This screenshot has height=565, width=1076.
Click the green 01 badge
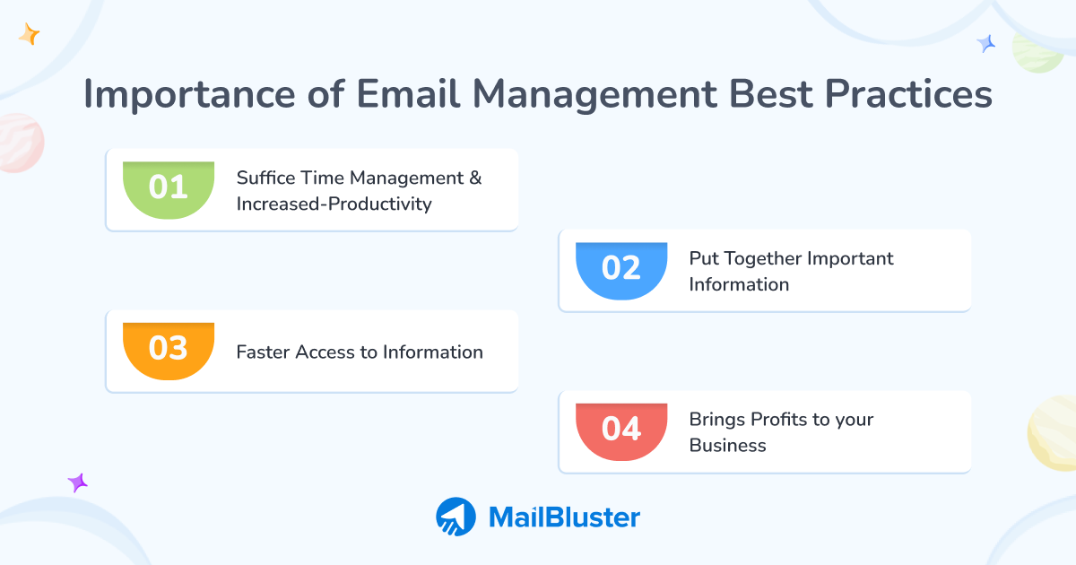(169, 188)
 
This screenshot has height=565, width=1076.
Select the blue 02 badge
(621, 269)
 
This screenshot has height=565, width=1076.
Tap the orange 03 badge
(169, 349)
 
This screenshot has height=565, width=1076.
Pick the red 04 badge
(621, 430)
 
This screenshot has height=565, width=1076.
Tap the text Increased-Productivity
(334, 204)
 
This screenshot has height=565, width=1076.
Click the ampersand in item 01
(475, 178)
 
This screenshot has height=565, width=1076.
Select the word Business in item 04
(727, 446)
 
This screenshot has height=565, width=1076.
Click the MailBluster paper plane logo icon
(456, 517)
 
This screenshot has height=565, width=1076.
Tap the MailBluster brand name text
(564, 517)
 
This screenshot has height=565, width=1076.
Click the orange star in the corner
(29, 35)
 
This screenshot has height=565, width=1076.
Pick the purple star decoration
(78, 482)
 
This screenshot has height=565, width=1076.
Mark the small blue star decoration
(986, 43)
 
